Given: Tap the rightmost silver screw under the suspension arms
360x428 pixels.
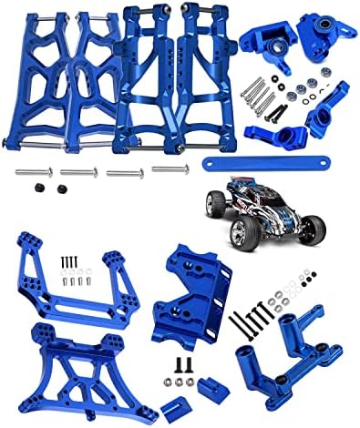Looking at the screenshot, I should click(170, 168).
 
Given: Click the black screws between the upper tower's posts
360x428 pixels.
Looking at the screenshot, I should click(69, 261).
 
